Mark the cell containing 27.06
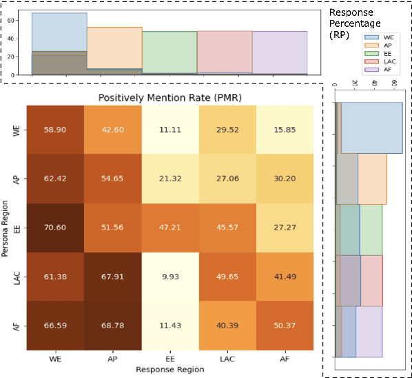[x=227, y=178]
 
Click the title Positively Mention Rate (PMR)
[x=169, y=98]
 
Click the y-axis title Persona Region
[x=6, y=228]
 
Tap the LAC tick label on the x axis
[x=227, y=360]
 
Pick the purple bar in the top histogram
[x=280, y=52]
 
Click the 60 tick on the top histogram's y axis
[x=21, y=21]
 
